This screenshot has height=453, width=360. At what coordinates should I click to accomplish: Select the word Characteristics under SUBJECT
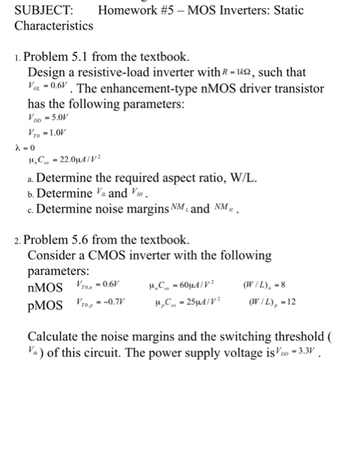pyautogui.click(x=54, y=26)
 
